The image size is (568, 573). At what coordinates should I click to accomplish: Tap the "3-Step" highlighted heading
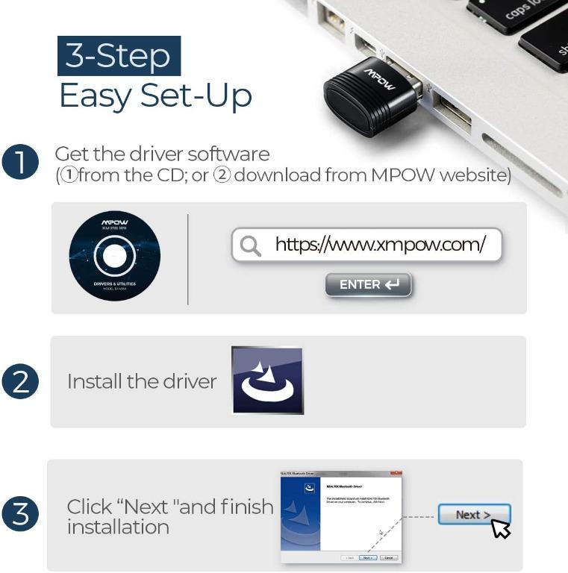(119, 56)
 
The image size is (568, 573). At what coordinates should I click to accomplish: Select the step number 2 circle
(21, 381)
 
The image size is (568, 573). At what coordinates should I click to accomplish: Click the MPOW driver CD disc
(114, 256)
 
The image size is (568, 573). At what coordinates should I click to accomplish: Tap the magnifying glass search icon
(251, 245)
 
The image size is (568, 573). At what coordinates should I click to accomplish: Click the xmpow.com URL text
(380, 244)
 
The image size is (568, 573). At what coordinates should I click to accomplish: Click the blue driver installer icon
(267, 381)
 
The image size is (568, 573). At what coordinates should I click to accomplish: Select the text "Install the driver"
(142, 381)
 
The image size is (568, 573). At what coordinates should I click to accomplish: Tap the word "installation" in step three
(118, 527)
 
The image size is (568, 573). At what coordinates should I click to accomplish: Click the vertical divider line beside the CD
(187, 259)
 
